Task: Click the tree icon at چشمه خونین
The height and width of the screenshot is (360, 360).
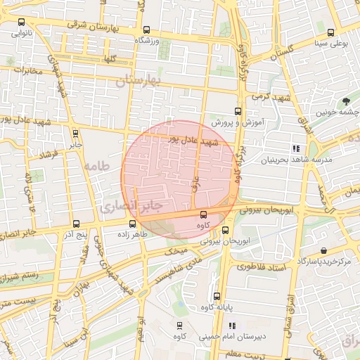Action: click(x=346, y=101)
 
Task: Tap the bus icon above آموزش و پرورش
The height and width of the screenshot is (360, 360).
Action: click(x=238, y=111)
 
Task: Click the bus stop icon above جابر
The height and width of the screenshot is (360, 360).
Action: click(x=75, y=134)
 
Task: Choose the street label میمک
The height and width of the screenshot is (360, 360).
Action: click(x=176, y=250)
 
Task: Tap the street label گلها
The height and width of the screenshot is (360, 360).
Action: click(x=106, y=59)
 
